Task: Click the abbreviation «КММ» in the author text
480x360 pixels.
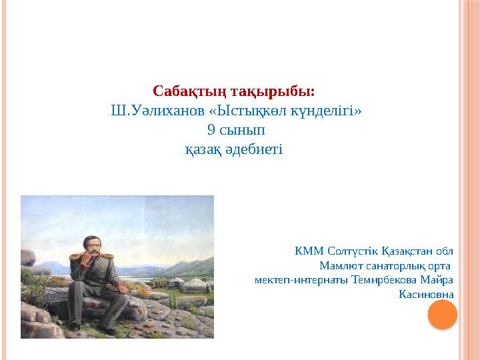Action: (305, 251)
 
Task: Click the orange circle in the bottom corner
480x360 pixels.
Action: (442, 314)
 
